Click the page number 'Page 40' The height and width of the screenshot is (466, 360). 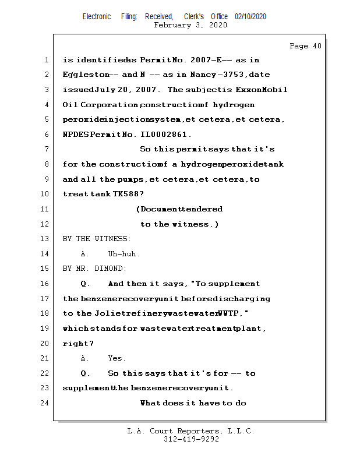(x=305, y=46)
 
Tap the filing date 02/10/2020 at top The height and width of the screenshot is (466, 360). (x=250, y=17)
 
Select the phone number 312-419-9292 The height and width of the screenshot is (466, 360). (x=191, y=439)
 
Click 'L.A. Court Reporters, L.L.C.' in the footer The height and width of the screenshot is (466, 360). (x=190, y=431)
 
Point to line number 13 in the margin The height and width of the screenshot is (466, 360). (x=45, y=239)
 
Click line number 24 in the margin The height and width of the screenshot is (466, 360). (x=45, y=403)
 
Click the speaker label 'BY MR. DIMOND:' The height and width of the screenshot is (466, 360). (x=94, y=269)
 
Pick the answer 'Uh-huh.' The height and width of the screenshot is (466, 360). (x=124, y=254)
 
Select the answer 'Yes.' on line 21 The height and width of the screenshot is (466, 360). (x=117, y=358)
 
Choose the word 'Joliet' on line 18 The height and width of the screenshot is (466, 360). (x=111, y=313)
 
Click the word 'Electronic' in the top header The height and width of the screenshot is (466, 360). (x=97, y=17)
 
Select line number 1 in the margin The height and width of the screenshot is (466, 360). (x=45, y=60)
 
